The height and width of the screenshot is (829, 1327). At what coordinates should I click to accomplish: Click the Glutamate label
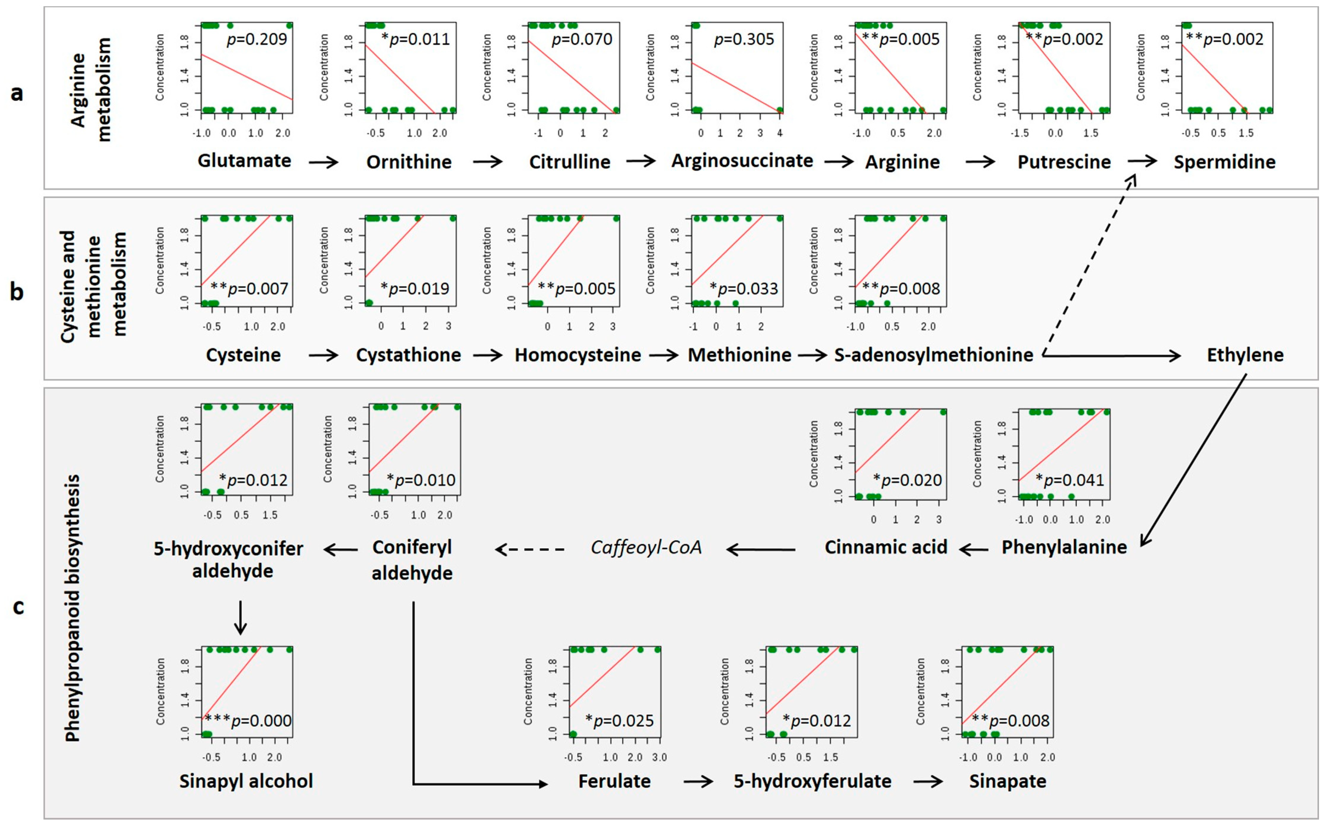(x=244, y=161)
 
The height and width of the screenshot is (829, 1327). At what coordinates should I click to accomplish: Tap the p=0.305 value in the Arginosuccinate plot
(x=744, y=39)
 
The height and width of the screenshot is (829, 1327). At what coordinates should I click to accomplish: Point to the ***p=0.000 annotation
(x=248, y=720)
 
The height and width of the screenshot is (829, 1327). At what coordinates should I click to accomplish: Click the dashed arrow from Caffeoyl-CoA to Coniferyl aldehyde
(x=530, y=549)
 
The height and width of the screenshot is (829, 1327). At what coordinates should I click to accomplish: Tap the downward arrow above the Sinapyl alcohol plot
(x=240, y=618)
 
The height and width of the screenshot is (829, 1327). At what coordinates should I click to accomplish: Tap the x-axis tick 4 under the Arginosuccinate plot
(x=780, y=133)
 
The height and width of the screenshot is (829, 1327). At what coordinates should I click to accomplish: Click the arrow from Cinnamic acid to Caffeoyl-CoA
(x=761, y=549)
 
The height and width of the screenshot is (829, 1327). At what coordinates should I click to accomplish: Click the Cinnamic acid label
(x=886, y=547)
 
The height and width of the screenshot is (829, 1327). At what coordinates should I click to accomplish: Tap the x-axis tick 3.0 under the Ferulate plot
(x=659, y=757)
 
